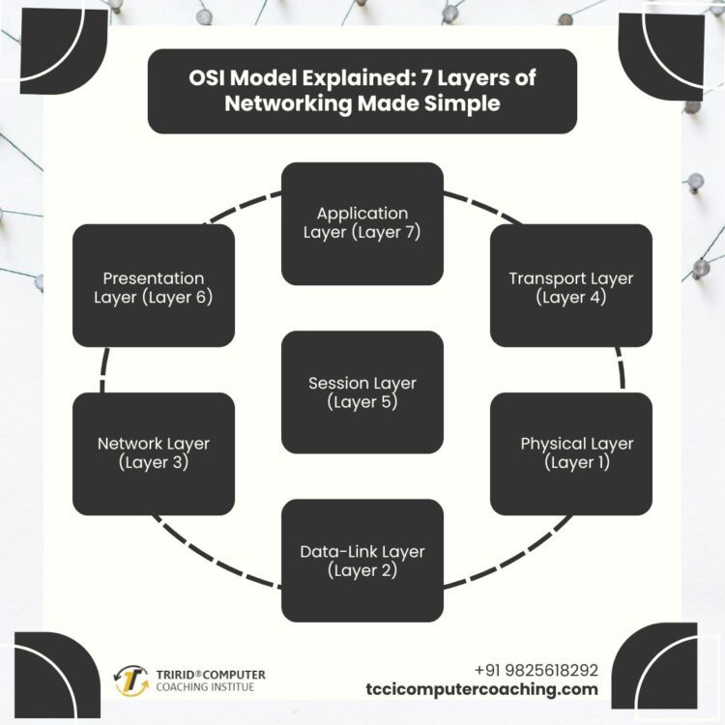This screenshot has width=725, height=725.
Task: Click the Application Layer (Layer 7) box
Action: click(362, 223)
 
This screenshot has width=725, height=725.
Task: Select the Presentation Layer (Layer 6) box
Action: click(153, 286)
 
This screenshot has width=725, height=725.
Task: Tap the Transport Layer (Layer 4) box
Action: click(570, 286)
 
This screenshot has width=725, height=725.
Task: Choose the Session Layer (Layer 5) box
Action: click(362, 392)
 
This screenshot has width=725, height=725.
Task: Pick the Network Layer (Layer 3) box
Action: click(153, 452)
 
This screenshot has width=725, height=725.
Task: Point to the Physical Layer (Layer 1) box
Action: click(570, 452)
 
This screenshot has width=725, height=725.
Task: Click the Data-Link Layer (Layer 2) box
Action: click(362, 561)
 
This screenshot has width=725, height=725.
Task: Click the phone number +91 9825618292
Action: click(536, 670)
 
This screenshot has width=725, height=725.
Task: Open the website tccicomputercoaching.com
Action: click(482, 689)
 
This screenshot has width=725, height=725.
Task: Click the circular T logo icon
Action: click(131, 681)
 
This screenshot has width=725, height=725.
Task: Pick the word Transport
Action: click(542, 278)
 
